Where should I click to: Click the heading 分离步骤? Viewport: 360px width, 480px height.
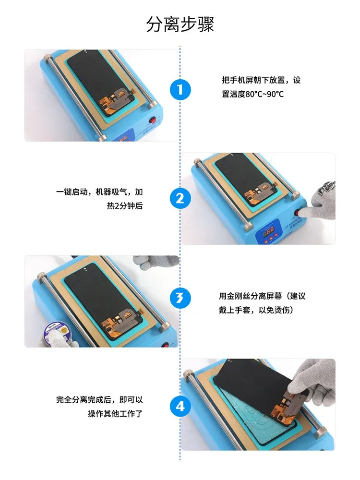coord(180,24)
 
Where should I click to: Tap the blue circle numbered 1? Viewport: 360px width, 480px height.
coord(180,89)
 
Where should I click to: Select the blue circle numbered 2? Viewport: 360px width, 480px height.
coord(180,198)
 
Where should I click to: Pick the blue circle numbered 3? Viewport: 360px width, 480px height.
coord(180,298)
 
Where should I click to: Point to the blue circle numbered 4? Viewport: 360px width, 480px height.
coord(180,406)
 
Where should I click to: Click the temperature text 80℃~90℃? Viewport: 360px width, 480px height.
coord(264,94)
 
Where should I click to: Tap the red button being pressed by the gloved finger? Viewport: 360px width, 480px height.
coord(298,213)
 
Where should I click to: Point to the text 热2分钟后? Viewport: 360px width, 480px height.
coord(125,206)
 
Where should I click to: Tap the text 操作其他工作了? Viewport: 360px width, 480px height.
coord(115,414)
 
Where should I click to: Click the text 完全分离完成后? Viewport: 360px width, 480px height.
coord(84,399)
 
